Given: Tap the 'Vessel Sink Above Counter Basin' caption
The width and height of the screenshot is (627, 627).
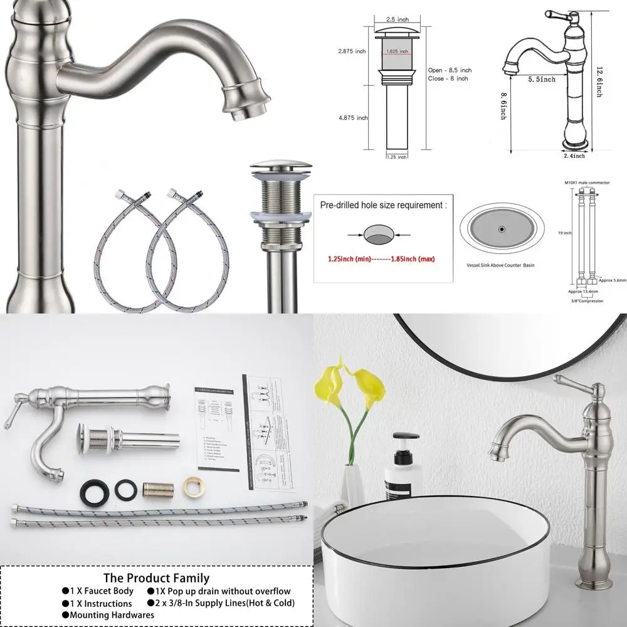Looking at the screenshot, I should click(500, 265).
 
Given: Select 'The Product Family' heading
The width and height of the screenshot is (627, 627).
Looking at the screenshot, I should click(156, 577).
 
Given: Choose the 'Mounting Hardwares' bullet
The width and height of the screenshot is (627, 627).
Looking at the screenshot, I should click(107, 614).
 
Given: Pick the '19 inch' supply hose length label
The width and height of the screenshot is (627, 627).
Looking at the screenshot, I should click(567, 233).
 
